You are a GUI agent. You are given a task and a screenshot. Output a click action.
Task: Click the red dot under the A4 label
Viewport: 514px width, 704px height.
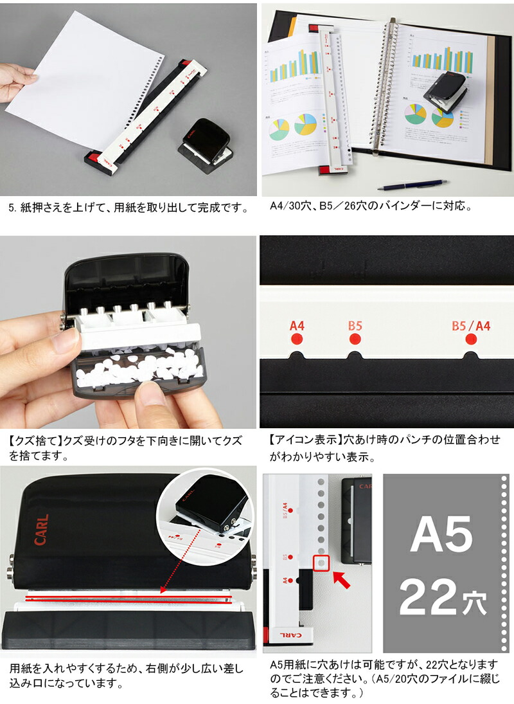click(x=296, y=339)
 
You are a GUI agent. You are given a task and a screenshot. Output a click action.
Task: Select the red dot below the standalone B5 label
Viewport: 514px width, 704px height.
click(x=355, y=339)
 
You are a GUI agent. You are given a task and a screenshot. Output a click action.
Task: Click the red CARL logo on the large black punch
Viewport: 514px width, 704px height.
click(x=42, y=530)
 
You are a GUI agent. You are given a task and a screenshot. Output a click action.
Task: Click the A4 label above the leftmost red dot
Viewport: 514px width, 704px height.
click(x=296, y=325)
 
